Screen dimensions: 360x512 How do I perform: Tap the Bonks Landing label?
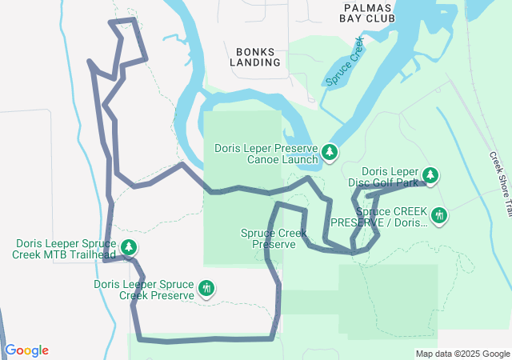[255, 55]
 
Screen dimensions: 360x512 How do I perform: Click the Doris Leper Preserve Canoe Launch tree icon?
[330, 152]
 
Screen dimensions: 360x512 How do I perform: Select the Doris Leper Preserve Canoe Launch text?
[266, 153]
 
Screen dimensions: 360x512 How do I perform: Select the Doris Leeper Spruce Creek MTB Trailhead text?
[65, 250]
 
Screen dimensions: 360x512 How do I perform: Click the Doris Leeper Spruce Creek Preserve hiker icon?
[206, 289]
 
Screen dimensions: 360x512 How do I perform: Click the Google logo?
[26, 350]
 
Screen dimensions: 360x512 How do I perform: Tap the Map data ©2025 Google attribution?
[462, 354]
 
